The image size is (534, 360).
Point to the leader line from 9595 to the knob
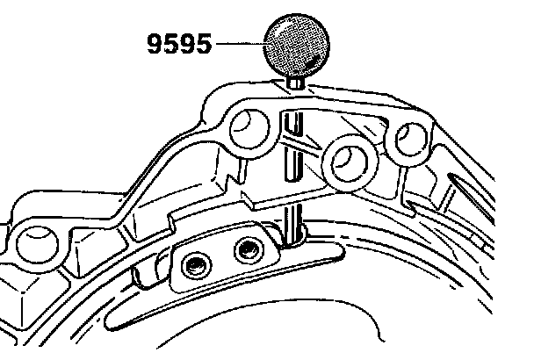pyautogui.click(x=239, y=44)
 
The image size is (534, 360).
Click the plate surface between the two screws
pyautogui.click(x=222, y=257)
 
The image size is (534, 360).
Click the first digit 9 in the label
pyautogui.click(x=155, y=45)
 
